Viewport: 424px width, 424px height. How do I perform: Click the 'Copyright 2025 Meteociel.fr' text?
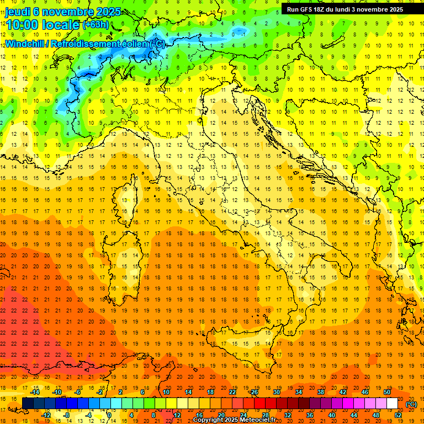point(237,420)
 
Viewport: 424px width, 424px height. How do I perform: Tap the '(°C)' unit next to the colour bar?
point(411,404)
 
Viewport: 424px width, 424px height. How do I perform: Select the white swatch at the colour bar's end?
point(392,404)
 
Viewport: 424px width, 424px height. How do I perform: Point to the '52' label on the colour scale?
point(397,415)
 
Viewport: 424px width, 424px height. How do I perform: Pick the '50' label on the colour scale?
point(387,392)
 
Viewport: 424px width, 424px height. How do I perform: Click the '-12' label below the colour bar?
point(46,415)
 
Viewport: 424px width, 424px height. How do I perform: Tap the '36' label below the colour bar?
point(309,415)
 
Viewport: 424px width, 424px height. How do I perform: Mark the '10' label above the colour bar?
point(166,392)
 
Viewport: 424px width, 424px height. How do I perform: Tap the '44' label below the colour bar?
point(353,415)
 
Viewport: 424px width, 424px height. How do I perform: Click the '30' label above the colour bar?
point(276,392)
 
